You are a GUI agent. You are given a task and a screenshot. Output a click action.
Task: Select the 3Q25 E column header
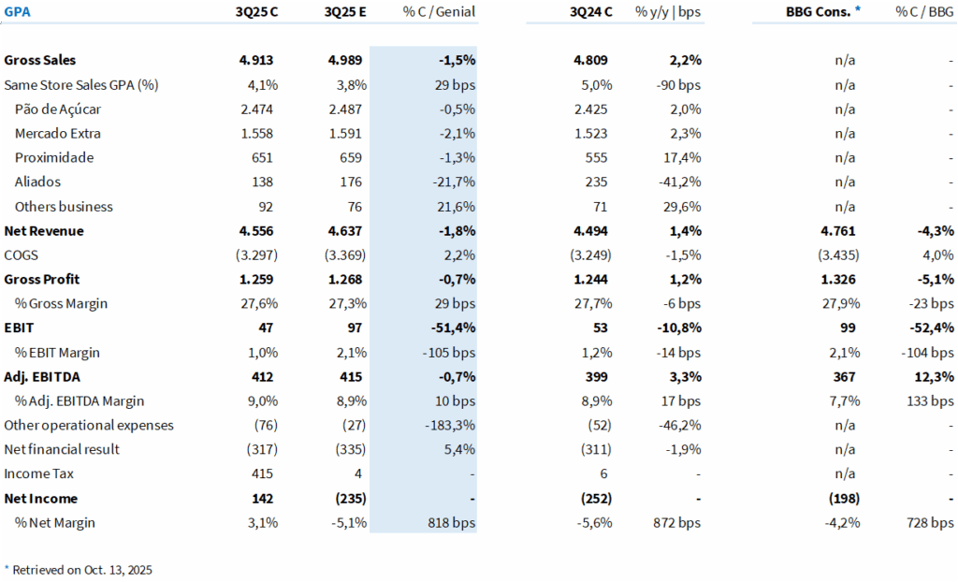tap(345, 12)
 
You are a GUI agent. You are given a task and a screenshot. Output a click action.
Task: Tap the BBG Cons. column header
tap(819, 12)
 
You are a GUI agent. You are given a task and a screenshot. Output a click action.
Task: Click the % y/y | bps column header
tap(668, 12)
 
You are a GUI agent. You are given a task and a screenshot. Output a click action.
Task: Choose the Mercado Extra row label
tap(57, 134)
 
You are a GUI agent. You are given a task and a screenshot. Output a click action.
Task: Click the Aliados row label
tap(40, 182)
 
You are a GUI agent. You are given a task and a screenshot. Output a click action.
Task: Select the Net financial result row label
tap(62, 449)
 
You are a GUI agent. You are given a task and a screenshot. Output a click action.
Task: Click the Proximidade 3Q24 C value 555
tap(595, 158)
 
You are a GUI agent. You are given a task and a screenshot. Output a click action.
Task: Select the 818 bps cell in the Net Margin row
tap(450, 523)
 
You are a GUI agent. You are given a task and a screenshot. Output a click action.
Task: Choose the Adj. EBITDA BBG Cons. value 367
tap(843, 377)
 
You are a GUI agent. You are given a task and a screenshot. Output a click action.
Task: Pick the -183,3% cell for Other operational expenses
tap(449, 426)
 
